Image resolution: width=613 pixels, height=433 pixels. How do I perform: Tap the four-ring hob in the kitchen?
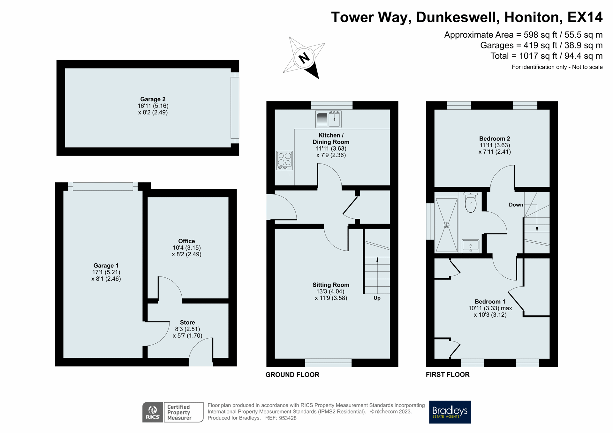point(284,160)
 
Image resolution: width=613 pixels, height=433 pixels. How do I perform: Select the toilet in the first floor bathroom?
point(471,203)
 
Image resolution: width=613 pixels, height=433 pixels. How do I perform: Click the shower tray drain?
point(447,225)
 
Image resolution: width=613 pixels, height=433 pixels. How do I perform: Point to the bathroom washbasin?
point(471,246)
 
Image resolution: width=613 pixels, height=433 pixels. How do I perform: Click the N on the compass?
point(304,58)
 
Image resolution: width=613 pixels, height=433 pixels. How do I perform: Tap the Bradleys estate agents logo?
point(450,412)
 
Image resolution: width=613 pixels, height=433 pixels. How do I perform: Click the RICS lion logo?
point(153,412)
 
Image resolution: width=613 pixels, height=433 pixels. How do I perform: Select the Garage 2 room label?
point(153,99)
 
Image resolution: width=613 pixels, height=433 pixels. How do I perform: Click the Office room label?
point(186,241)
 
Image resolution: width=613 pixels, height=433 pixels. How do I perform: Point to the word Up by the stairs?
point(377,298)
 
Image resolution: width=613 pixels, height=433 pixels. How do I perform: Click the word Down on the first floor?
point(516,205)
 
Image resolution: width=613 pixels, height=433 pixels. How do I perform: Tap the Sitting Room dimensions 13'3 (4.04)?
point(330,291)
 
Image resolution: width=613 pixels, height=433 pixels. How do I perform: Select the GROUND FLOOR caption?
point(292,375)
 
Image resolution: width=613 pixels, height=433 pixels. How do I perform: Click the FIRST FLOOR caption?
point(448,375)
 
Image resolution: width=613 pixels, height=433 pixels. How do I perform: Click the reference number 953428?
point(288,418)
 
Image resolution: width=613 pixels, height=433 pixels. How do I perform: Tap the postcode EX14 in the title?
point(585,17)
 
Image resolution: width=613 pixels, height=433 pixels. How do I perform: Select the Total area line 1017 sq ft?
point(546,56)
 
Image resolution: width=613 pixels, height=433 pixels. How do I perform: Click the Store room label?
point(187,322)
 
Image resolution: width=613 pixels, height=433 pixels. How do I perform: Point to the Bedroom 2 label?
point(495,138)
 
